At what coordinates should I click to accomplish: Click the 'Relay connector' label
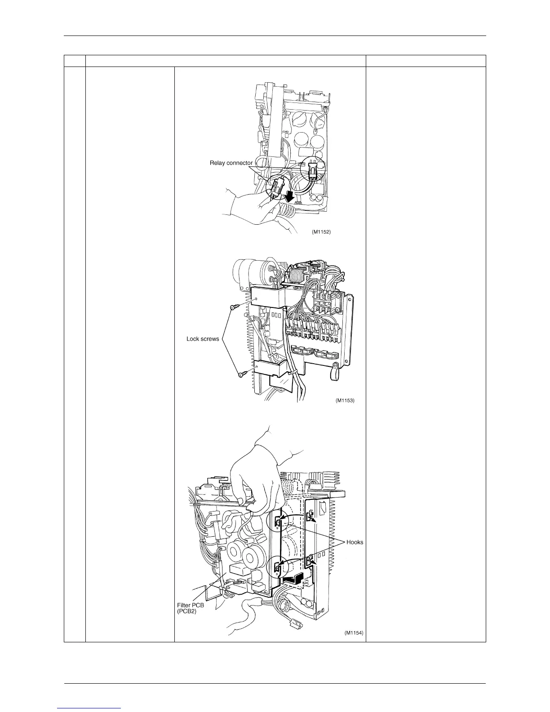click(231, 163)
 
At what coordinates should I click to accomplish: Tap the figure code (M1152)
click(321, 232)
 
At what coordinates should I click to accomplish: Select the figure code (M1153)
click(345, 400)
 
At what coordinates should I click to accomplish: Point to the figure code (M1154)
click(354, 633)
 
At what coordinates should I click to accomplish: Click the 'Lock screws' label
click(203, 338)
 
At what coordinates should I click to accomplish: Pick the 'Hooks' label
click(355, 542)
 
